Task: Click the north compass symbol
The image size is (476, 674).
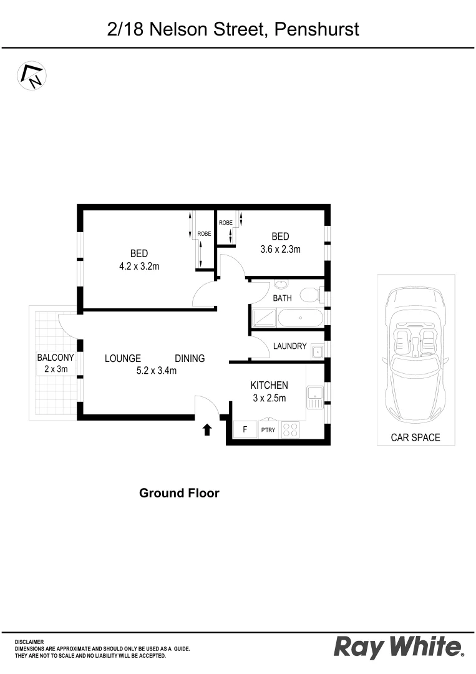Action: tap(32, 76)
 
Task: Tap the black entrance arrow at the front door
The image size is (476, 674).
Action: tap(207, 429)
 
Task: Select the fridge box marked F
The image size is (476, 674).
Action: tap(245, 430)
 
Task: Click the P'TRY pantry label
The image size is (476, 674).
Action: tap(269, 430)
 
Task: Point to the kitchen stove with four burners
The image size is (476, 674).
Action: tap(291, 429)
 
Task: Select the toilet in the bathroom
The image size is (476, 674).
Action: tap(311, 294)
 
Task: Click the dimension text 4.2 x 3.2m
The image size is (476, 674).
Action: tap(139, 266)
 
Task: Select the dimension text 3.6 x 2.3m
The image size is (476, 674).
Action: tap(280, 250)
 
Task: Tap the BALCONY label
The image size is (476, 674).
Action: tap(56, 358)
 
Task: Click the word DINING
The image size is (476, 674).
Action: tap(190, 358)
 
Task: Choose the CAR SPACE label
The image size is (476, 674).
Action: tap(415, 437)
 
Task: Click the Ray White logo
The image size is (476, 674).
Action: tap(399, 647)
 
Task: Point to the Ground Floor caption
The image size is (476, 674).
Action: tap(179, 493)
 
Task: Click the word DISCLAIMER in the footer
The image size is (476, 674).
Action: tap(29, 642)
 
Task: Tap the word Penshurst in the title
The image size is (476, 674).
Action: tap(315, 29)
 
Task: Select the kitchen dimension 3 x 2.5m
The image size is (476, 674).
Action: tap(268, 398)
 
